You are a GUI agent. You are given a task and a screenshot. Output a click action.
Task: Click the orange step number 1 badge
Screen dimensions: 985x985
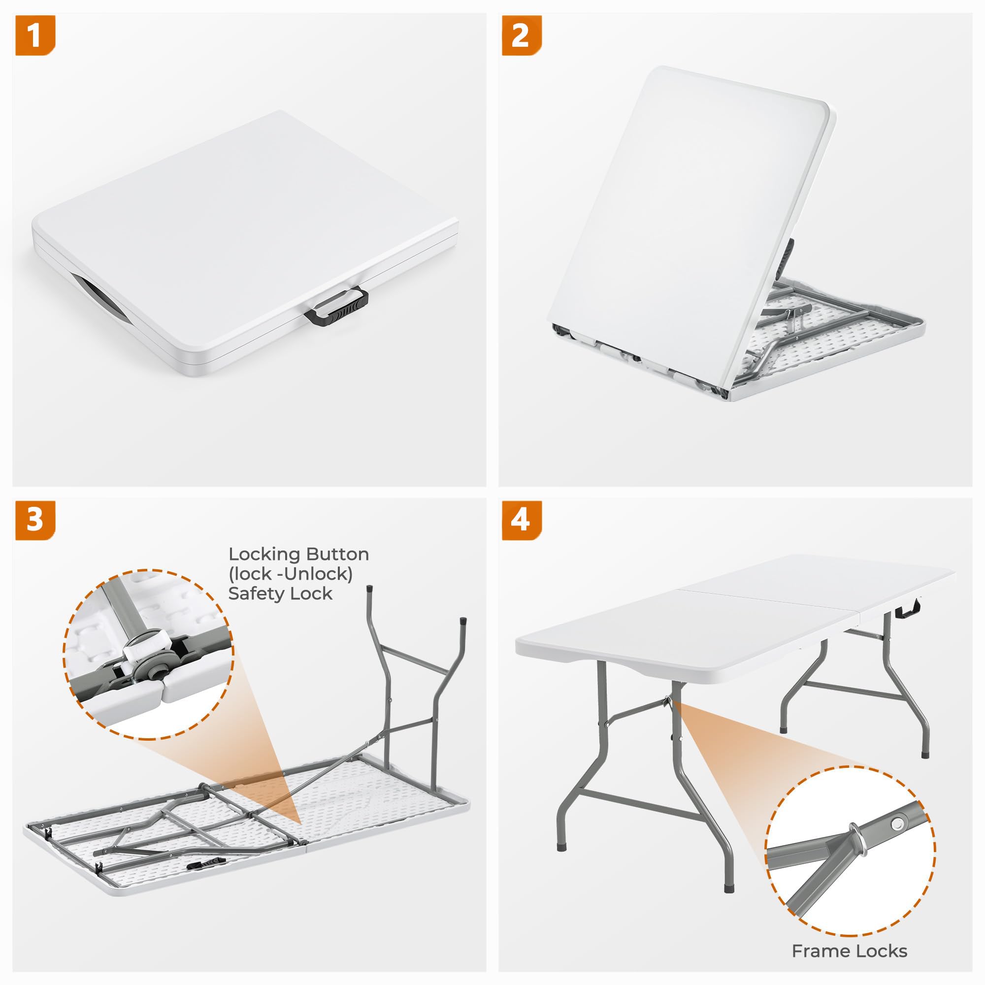34,35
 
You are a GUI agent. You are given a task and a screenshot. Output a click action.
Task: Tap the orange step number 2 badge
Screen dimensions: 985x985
522,35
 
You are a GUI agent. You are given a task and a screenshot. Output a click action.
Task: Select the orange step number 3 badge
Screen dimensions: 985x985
34,521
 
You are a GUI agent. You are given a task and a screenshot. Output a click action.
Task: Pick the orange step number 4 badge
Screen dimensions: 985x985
522,521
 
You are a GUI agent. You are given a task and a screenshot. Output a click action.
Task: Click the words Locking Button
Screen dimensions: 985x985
298,554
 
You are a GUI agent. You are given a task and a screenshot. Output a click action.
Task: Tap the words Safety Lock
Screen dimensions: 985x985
280,594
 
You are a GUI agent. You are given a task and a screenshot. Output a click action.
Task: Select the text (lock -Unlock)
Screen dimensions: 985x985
291,574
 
